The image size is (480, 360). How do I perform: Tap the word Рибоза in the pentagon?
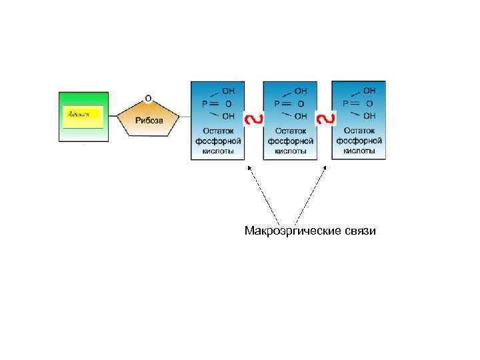click(148, 120)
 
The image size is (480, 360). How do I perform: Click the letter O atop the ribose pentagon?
click(148, 98)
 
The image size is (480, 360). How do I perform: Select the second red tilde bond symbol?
click(325, 119)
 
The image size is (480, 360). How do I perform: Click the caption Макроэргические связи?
click(310, 231)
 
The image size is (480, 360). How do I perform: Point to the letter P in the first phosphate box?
click(205, 103)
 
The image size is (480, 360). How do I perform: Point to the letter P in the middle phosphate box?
click(277, 103)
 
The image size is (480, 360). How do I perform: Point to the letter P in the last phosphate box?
click(345, 103)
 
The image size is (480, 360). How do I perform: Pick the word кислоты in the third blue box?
click(359, 151)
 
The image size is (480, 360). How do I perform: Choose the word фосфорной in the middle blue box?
click(290, 141)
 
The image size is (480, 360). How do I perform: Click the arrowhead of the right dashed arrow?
click(325, 168)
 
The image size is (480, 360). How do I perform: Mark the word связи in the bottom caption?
click(361, 231)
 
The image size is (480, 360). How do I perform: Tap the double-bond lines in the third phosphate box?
click(356, 103)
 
